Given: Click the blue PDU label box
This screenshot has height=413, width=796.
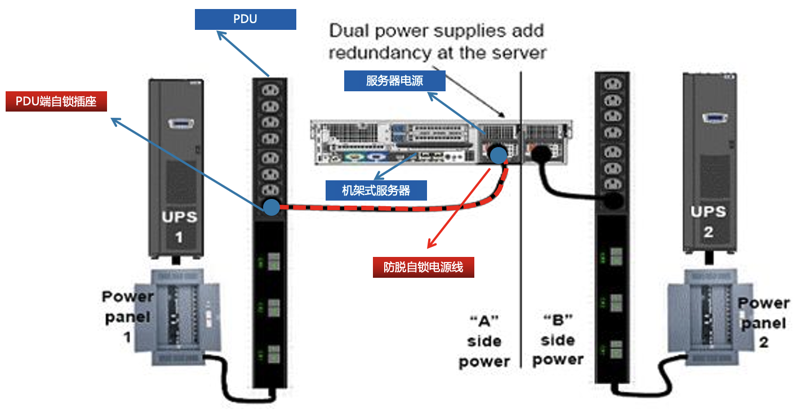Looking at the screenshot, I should click(245, 20).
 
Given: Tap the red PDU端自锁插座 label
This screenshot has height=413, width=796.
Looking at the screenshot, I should click(56, 102).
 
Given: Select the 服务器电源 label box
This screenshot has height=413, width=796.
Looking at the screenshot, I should click(394, 81).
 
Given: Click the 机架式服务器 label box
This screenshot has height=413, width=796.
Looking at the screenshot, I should click(376, 190).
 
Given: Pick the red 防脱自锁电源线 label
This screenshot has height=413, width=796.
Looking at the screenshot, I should click(423, 267).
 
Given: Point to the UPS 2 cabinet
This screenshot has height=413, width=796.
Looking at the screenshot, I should click(709, 163).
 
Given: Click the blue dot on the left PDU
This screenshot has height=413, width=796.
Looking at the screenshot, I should click(271, 207).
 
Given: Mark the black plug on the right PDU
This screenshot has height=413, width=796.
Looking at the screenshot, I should click(614, 201).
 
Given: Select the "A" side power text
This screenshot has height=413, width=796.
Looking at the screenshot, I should click(484, 341).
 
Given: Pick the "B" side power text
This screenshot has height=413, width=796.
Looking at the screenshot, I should click(558, 340).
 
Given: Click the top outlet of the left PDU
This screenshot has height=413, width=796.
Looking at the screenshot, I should click(270, 88).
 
